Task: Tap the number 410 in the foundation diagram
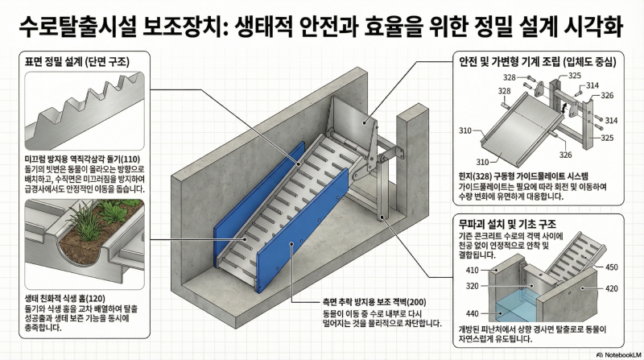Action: coord(473,270)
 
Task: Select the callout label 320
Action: coord(473,286)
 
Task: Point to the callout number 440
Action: coord(473,313)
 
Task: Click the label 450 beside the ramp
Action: coord(612,267)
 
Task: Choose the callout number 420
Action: coord(612,288)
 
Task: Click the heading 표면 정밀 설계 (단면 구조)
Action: coord(76,62)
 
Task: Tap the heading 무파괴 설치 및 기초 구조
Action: coord(507,224)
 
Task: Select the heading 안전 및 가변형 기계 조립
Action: coord(510,62)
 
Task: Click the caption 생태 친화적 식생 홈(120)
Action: coord(65,298)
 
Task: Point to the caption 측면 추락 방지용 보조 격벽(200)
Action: coord(374,303)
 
